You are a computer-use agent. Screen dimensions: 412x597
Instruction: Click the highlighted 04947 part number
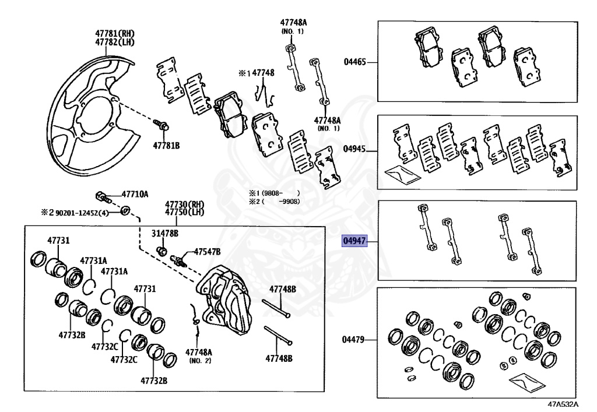click(x=355, y=241)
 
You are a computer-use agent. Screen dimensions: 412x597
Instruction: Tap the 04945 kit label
click(x=355, y=149)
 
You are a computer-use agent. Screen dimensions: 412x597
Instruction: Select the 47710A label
click(x=135, y=193)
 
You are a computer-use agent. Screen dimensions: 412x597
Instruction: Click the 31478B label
click(x=165, y=234)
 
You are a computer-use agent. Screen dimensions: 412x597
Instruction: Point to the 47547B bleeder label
click(x=207, y=251)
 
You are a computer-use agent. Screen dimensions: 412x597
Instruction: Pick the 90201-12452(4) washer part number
click(x=82, y=213)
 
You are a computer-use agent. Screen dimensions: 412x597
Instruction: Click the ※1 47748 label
click(x=256, y=73)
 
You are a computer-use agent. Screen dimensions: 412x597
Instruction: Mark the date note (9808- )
click(x=274, y=192)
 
